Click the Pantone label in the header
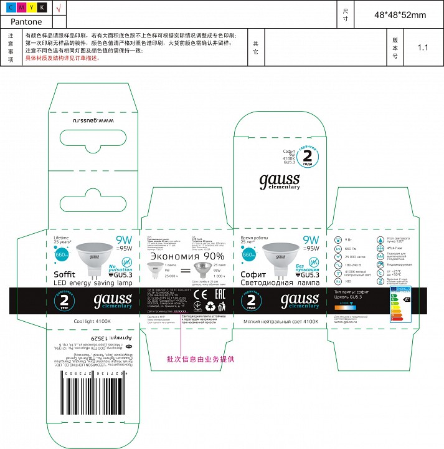(x=26, y=21)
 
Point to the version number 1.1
(x=423, y=47)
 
